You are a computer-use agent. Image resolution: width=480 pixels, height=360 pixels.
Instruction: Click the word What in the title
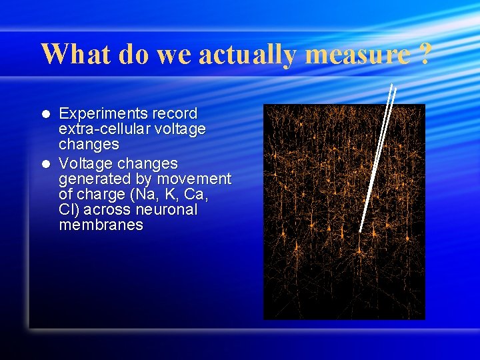click(77, 53)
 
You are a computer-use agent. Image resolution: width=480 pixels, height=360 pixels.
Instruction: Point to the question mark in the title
click(424, 53)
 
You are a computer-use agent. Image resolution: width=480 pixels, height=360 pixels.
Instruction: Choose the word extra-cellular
click(105, 129)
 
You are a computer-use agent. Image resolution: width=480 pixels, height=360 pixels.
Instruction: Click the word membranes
click(101, 225)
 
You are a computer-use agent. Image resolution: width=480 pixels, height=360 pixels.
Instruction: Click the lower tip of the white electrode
click(360, 231)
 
